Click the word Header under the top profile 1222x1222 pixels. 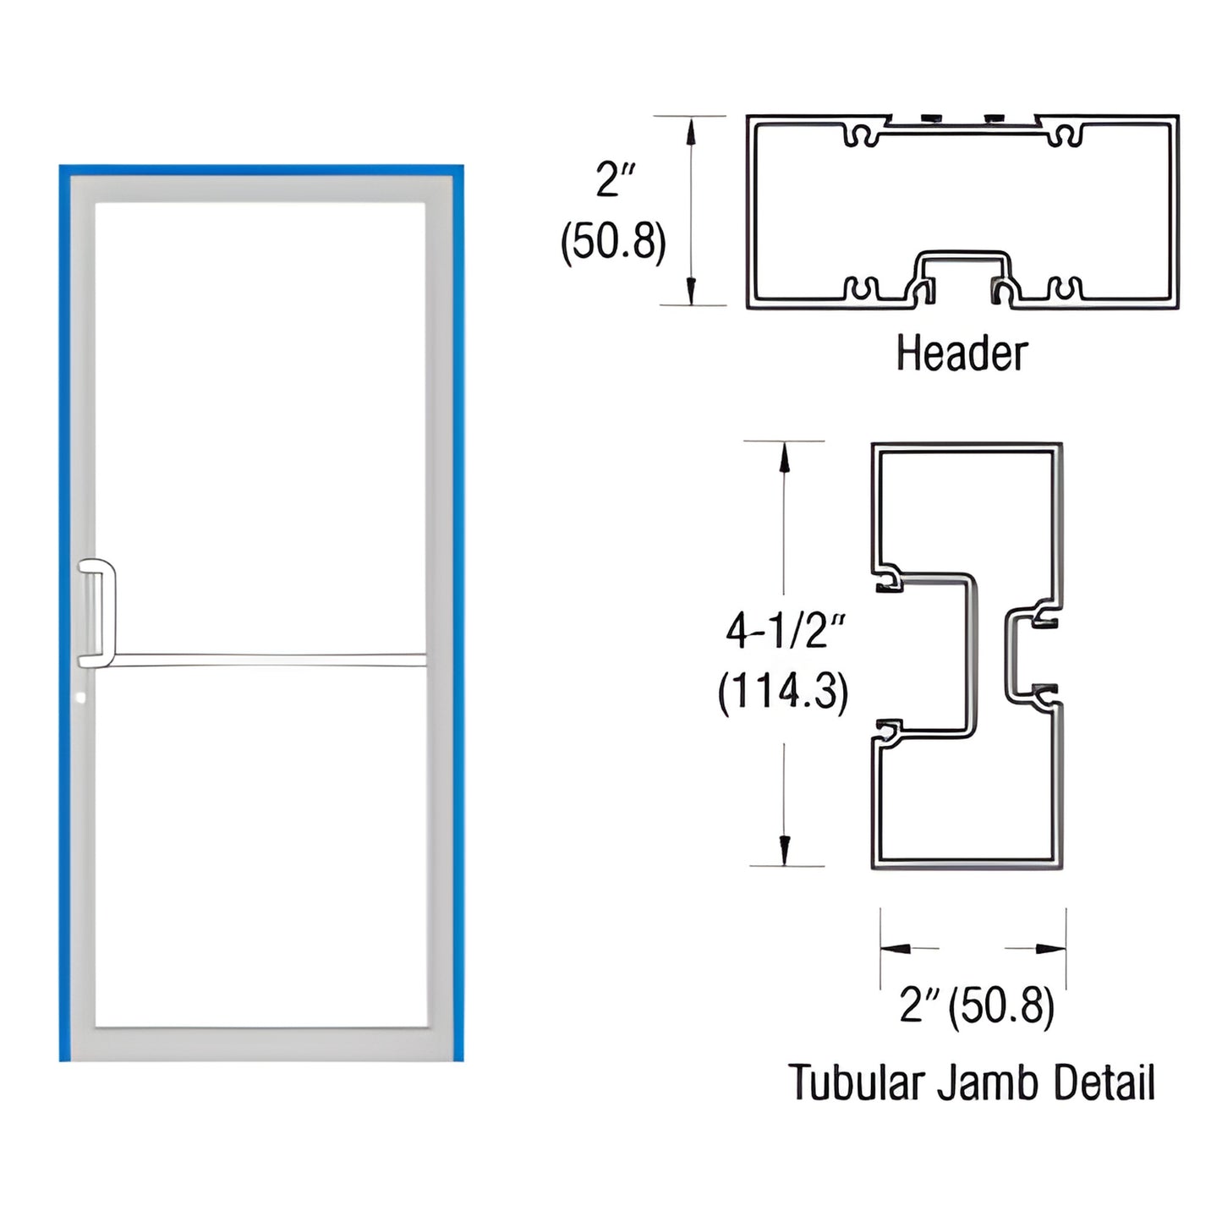pyautogui.click(x=962, y=353)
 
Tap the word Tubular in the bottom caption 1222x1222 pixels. pyautogui.click(x=854, y=1083)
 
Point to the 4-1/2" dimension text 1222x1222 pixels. pyautogui.click(x=785, y=631)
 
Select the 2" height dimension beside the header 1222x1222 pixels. pyautogui.click(x=615, y=180)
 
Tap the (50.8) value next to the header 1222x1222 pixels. pyautogui.click(x=613, y=241)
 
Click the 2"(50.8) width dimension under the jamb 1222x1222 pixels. pyautogui.click(x=976, y=1006)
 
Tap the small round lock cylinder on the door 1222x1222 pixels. pyautogui.click(x=80, y=699)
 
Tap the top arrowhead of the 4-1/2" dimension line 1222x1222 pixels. pyautogui.click(x=784, y=458)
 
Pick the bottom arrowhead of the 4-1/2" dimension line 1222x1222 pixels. pyautogui.click(x=784, y=849)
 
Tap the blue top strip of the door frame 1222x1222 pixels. pyautogui.click(x=260, y=170)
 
